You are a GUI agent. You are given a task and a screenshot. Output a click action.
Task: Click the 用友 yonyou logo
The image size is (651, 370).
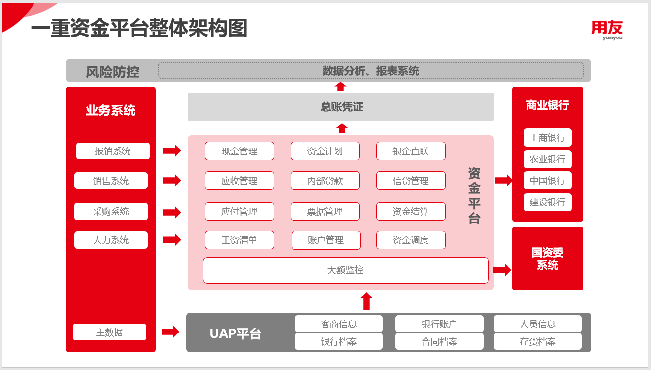point(607,30)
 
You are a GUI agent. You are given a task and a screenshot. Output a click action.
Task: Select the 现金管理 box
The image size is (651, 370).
point(239,151)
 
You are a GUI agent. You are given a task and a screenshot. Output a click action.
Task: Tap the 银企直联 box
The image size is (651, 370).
point(411,151)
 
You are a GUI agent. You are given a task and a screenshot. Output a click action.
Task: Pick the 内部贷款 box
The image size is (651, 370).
point(325,181)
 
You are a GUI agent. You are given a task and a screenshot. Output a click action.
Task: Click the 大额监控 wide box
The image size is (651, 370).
point(346,270)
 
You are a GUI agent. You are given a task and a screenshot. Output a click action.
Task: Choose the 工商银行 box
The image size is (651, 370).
point(548,138)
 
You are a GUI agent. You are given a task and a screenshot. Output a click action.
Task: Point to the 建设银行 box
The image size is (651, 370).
point(548,202)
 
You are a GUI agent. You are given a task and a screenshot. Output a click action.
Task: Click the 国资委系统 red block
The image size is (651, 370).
point(548,259)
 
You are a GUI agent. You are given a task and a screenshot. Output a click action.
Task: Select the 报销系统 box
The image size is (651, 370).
point(113,151)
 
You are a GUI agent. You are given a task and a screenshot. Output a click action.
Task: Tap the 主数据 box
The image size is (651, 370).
point(109,332)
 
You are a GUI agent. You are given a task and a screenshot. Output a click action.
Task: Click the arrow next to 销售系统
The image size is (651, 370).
point(172,181)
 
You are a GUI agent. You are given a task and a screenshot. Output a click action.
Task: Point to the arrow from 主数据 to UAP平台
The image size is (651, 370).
point(170,332)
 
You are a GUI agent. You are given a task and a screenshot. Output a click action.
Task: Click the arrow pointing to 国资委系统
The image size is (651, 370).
point(502,270)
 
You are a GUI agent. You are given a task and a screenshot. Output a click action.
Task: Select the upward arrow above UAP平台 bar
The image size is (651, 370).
point(366,301)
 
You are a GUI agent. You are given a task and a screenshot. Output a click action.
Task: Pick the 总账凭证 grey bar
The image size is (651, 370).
point(341,107)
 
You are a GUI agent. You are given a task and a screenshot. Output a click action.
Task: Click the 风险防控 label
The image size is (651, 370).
point(112,72)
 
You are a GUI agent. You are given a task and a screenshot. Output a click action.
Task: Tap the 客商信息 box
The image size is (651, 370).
point(339,324)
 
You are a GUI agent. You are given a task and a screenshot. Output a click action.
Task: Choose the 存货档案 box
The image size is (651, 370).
point(538,341)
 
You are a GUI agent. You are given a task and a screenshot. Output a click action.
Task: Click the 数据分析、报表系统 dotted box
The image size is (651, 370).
point(370,71)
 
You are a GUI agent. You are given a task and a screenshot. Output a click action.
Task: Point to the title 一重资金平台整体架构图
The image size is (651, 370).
point(139,29)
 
